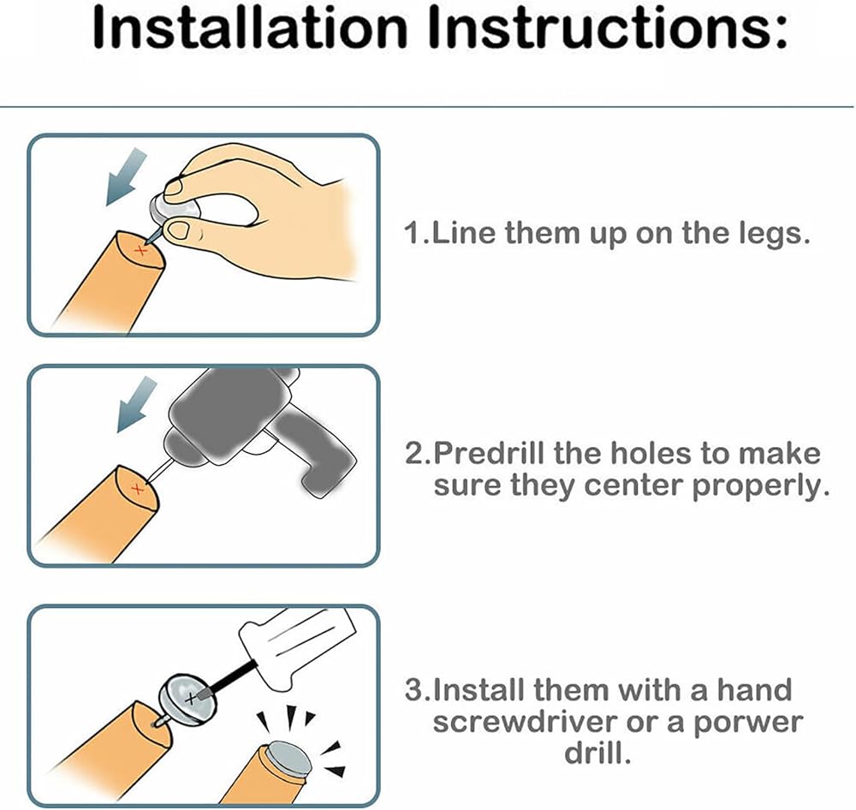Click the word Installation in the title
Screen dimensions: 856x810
point(251,27)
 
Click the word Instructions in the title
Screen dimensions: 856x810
point(608,27)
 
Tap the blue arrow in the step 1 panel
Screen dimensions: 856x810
point(126,177)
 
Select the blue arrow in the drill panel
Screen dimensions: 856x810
point(136,404)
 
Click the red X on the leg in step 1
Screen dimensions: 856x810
point(141,251)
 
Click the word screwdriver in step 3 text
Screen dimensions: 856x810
point(525,722)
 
